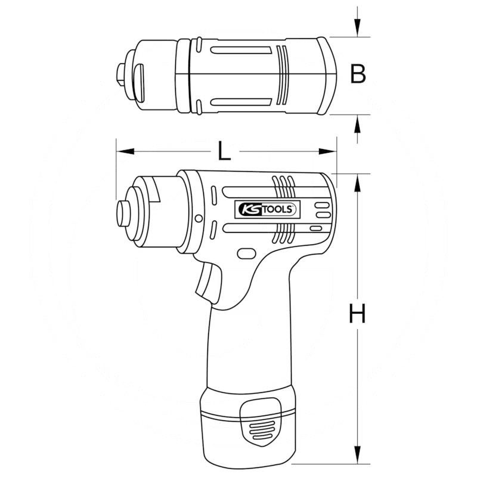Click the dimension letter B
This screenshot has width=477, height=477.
[357, 75]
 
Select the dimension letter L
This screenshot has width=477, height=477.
[224, 152]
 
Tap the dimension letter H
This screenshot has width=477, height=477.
[357, 314]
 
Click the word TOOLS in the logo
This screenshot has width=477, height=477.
[278, 209]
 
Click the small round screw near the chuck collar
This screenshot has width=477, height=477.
[199, 217]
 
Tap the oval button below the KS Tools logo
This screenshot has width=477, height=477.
[245, 253]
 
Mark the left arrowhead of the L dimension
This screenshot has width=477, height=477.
[123, 151]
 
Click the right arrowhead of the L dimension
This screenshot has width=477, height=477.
[329, 151]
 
